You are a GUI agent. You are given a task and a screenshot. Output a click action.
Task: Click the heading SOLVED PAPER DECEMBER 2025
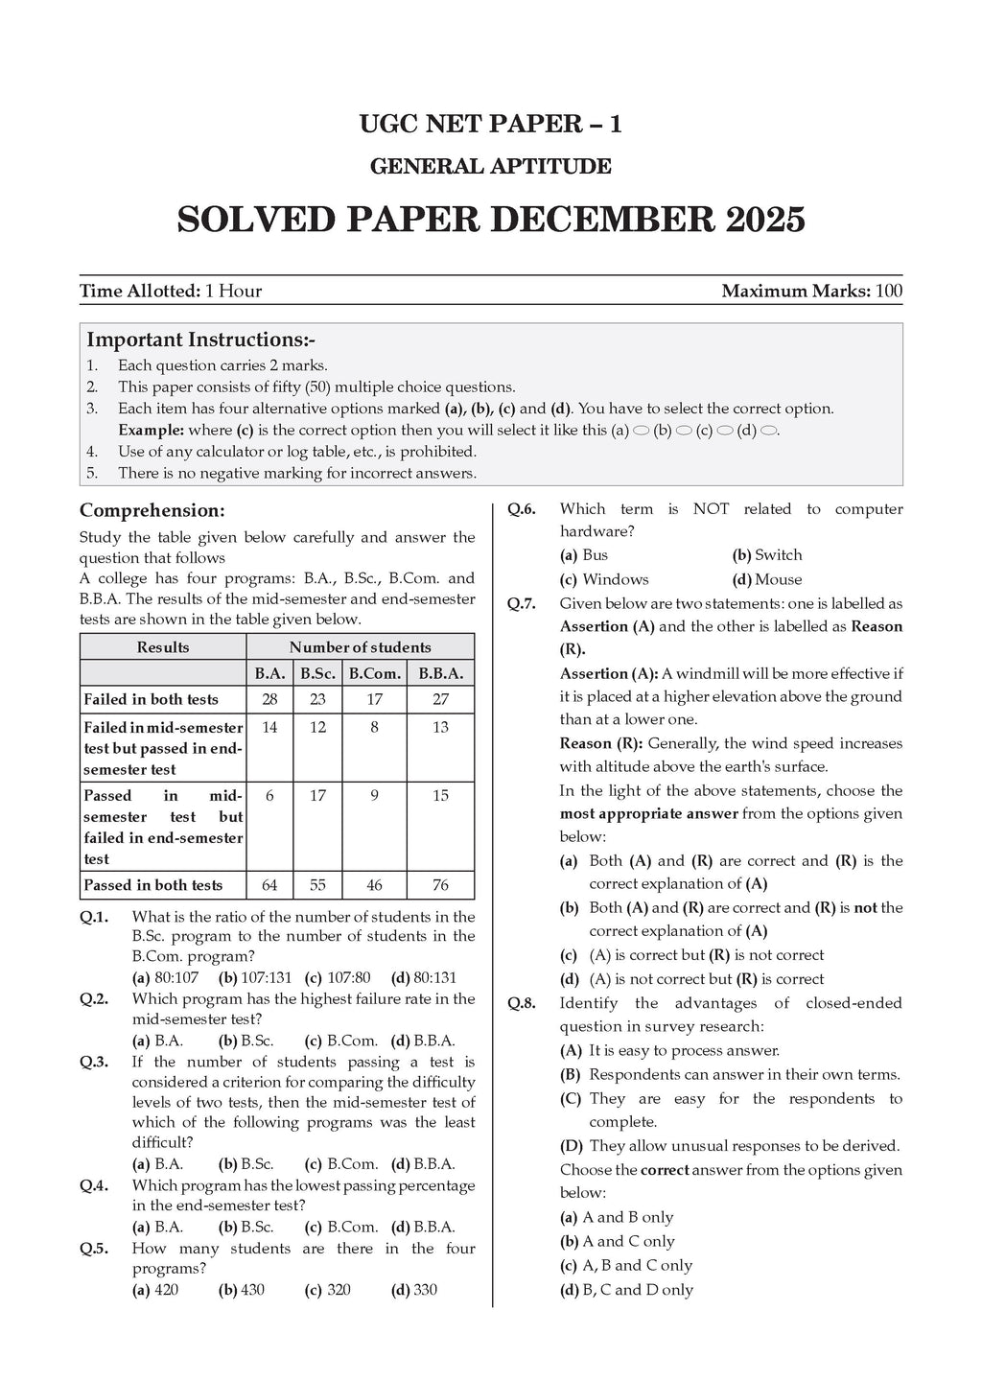(x=491, y=221)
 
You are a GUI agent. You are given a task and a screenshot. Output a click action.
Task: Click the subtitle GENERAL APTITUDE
(x=491, y=167)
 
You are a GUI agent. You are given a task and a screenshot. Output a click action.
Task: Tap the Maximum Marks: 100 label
(x=811, y=291)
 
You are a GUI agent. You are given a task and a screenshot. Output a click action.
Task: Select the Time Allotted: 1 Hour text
(x=171, y=291)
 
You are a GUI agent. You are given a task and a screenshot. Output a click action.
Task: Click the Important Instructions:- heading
(x=200, y=339)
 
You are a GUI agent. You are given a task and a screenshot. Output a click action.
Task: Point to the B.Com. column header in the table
(x=374, y=673)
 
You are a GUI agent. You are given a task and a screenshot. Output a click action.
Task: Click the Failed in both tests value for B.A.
(x=269, y=699)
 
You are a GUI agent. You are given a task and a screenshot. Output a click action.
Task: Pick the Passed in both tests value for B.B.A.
(x=440, y=885)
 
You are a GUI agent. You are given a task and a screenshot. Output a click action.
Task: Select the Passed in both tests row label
(x=153, y=885)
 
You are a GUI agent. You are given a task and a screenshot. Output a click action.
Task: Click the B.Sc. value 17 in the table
(x=317, y=795)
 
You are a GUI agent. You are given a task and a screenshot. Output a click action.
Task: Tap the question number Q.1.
(x=94, y=917)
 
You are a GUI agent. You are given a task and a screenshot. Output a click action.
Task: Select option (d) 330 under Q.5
(x=414, y=1290)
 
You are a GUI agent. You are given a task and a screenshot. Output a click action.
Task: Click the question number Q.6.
(x=522, y=509)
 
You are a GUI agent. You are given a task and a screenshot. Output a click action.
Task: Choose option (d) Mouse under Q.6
(x=767, y=579)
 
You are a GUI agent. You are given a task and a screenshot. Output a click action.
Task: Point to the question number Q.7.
(x=522, y=604)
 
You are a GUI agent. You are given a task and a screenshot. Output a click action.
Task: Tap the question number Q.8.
(x=522, y=1003)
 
